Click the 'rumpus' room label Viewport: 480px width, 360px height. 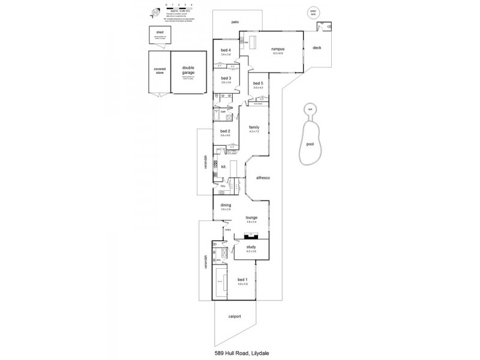coord(277,49)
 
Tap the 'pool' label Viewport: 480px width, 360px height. coord(310,145)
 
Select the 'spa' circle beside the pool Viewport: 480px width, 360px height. coord(310,109)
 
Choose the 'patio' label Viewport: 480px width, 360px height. coord(236,22)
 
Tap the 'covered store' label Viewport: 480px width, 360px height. coord(160,70)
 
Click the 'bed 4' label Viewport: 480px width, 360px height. coord(226,50)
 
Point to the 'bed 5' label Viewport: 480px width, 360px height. coord(258,83)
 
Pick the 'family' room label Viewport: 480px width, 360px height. coord(254,127)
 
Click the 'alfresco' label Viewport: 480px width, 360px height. coord(262,178)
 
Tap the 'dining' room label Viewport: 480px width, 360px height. coord(226,205)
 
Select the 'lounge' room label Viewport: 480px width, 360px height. coord(251,218)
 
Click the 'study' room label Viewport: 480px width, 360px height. coord(251,247)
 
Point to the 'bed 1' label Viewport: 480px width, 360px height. coord(242,280)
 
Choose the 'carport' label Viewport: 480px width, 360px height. coord(235,317)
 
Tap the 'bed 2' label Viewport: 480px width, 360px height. coord(225,131)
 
